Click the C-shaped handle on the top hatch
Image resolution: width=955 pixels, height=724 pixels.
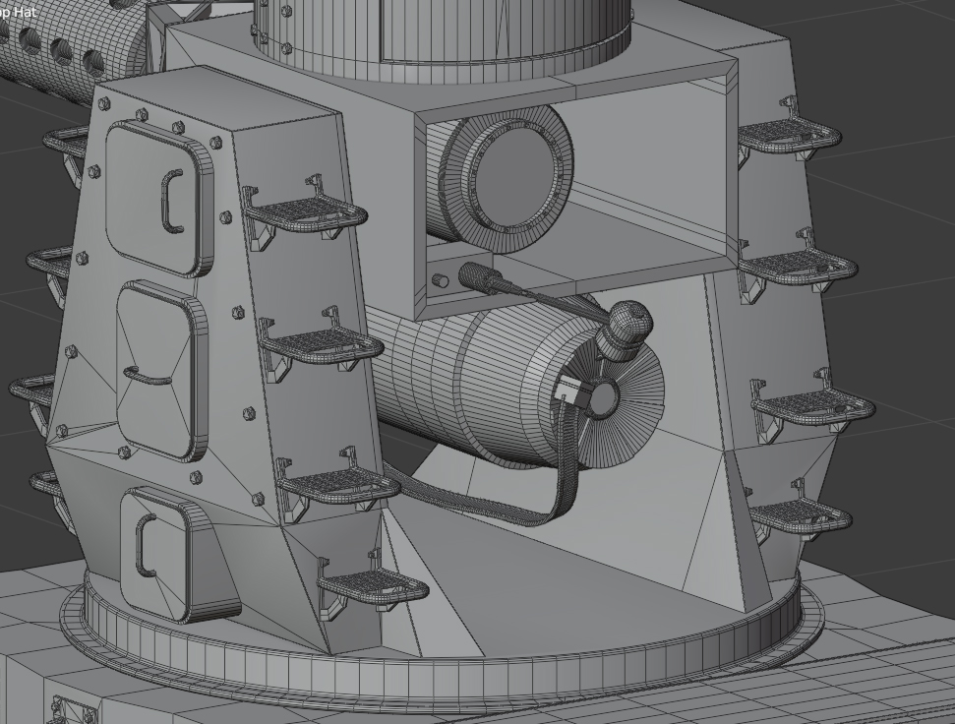[169, 202]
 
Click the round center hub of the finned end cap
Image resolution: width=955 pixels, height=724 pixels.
[601, 398]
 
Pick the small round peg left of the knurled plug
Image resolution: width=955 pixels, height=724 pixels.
[441, 281]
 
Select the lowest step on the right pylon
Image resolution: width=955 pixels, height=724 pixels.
[801, 513]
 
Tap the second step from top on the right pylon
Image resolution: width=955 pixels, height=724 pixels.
[799, 263]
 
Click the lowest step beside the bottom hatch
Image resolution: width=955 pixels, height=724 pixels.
[374, 588]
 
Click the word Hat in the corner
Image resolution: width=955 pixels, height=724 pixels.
[24, 12]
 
